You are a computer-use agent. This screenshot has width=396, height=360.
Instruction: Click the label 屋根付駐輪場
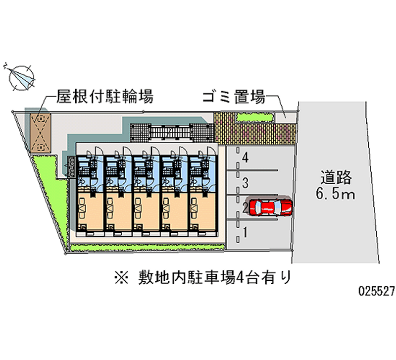[x=104, y=96]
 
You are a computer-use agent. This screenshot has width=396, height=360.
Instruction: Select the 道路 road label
[x=335, y=177]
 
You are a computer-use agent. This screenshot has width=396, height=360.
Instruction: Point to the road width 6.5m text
[x=335, y=194]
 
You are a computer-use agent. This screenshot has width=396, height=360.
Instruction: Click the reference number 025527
[x=376, y=292]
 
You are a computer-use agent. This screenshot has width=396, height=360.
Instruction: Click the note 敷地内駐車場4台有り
[x=213, y=276]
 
